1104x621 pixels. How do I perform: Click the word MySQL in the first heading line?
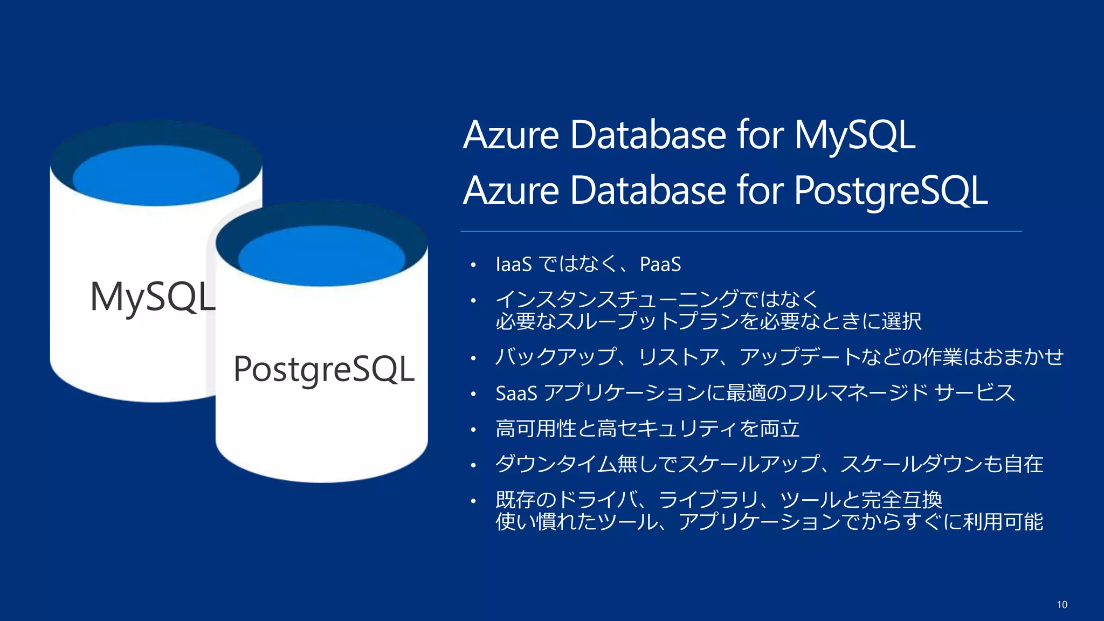click(x=854, y=135)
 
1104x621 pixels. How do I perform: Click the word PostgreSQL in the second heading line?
click(x=891, y=191)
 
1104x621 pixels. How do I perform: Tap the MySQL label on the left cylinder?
click(x=153, y=297)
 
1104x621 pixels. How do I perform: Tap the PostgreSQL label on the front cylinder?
click(x=324, y=370)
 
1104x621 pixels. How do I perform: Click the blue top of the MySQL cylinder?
click(x=156, y=176)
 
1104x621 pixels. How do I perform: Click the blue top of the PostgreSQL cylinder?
click(x=322, y=256)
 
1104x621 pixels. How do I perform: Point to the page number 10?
click(x=1062, y=605)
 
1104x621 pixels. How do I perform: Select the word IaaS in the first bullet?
click(x=513, y=265)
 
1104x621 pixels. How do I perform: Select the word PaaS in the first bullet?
click(x=660, y=265)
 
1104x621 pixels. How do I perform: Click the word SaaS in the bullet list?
click(x=516, y=394)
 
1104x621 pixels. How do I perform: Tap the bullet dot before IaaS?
click(x=473, y=265)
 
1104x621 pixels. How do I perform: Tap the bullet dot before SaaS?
click(x=473, y=394)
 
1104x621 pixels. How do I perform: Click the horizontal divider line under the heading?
click(x=741, y=231)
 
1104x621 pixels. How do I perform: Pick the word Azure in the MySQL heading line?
click(x=511, y=135)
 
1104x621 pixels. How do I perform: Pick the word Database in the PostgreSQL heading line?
click(x=648, y=191)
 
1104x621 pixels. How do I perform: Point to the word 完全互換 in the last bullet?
click(x=902, y=500)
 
